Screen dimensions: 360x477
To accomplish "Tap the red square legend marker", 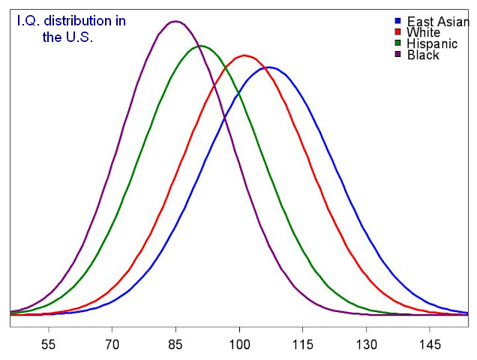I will (397, 32).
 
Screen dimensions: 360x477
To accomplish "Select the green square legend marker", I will (397, 43).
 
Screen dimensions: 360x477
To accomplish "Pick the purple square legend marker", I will (397, 55).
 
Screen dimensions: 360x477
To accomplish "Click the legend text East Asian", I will (438, 22).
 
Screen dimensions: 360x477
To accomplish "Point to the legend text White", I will (423, 33).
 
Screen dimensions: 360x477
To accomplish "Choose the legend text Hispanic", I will (429, 44).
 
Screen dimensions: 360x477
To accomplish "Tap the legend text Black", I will (423, 55).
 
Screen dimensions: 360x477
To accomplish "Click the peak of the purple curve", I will (175, 21).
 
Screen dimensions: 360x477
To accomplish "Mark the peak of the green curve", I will (200, 46).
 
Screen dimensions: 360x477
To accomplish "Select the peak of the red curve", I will (244, 55).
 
